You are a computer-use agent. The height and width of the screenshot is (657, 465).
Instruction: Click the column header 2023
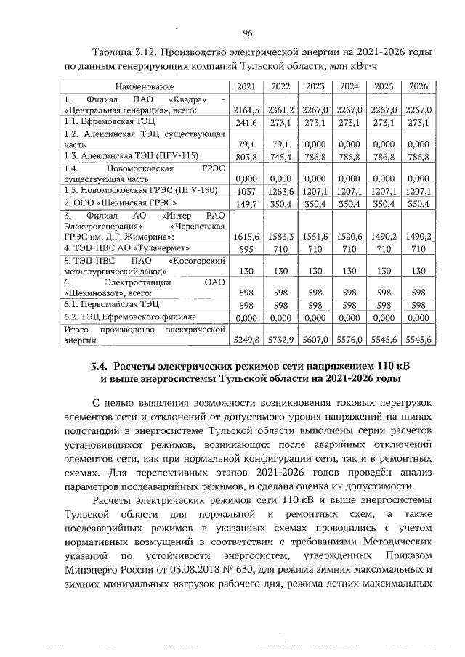[315, 86]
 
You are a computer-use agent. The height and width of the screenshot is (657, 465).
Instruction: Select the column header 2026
[418, 86]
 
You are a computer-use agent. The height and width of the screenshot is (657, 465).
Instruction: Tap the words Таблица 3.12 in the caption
[125, 53]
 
